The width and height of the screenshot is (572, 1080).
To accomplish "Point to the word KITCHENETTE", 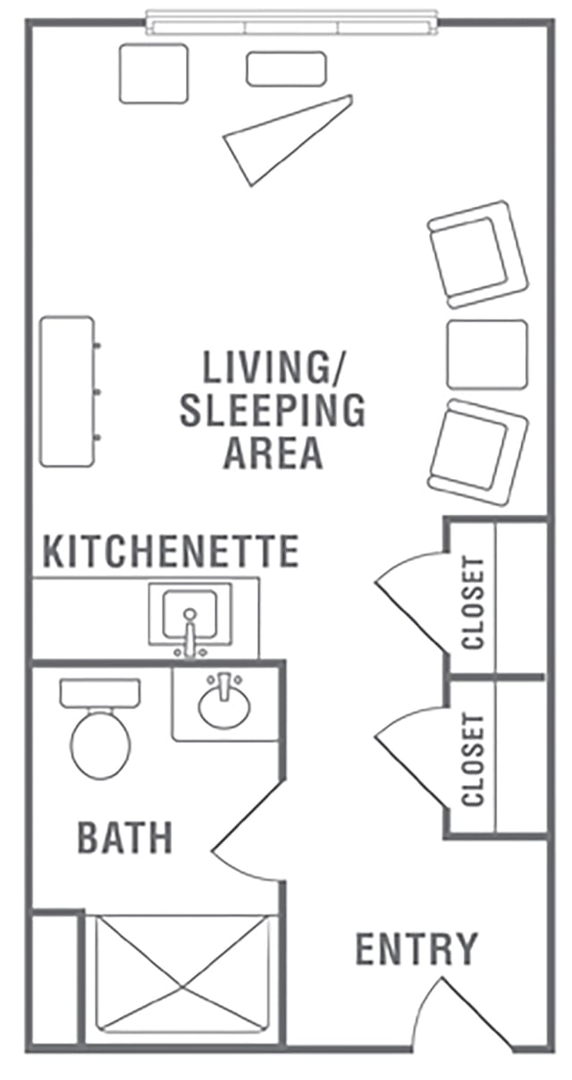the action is pos(171,551).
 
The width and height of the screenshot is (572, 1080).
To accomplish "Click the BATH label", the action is pos(125,838).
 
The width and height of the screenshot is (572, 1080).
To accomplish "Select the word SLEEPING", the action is pos(273,409).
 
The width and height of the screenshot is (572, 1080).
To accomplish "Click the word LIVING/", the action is pos(273,367).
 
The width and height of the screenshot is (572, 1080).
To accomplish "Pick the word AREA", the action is pos(273,452).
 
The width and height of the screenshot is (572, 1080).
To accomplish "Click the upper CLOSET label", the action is pos(472,603).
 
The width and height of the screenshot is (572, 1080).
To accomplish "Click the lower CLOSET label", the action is pos(472,759).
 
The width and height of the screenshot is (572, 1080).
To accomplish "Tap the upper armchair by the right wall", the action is pos(477,255).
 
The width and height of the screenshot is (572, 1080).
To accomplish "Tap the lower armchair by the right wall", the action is pos(477,452).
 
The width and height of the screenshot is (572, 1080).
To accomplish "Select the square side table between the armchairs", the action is pos(487,354).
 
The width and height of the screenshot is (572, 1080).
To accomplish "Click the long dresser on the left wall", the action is pos(67,391).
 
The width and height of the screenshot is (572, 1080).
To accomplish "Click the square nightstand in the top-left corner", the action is pos(153,73).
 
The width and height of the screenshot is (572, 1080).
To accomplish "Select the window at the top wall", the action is pos(292,22).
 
